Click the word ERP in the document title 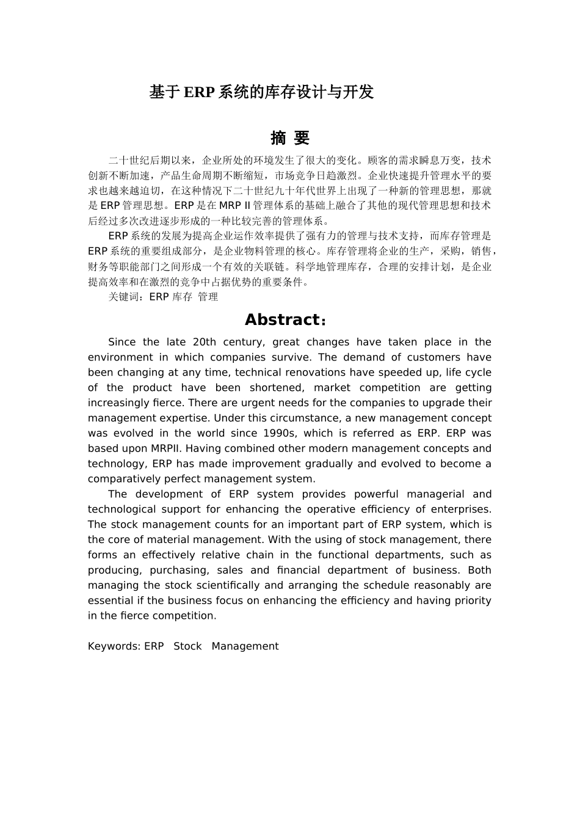[x=198, y=92]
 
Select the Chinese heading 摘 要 [x=290, y=138]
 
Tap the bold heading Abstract [x=282, y=319]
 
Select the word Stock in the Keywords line [x=187, y=646]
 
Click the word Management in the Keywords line [x=245, y=646]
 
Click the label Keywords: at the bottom [x=114, y=646]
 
